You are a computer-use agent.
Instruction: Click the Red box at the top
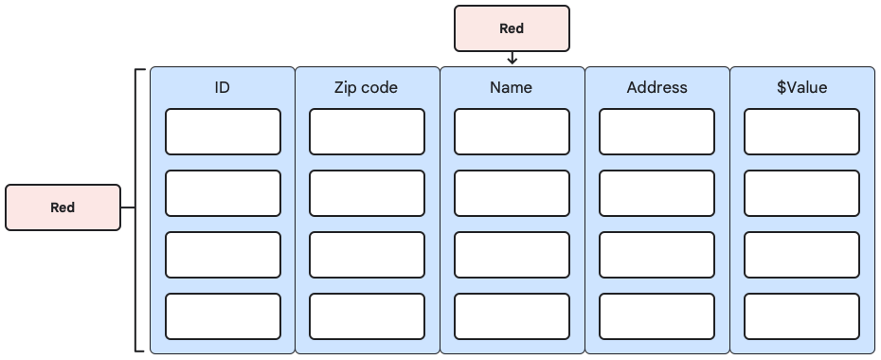tap(512, 28)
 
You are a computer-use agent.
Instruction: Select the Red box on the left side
tap(63, 207)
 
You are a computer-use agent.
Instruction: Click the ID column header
tap(223, 88)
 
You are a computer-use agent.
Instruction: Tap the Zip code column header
tap(367, 88)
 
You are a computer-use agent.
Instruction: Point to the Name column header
tap(512, 88)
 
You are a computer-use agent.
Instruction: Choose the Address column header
tap(656, 88)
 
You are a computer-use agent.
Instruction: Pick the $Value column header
tap(801, 88)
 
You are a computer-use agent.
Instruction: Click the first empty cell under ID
tap(223, 132)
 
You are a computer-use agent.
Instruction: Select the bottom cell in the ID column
tap(223, 316)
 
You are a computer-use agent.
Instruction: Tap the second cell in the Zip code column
tap(367, 193)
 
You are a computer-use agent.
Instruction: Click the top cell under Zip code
tap(367, 132)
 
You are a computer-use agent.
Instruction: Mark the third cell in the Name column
tap(512, 255)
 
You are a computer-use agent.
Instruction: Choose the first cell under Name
tap(512, 132)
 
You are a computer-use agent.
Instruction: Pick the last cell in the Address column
tap(656, 316)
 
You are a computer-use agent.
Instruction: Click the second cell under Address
tap(656, 193)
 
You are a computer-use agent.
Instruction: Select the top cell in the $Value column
tap(801, 132)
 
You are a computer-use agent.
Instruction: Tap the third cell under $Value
tap(801, 255)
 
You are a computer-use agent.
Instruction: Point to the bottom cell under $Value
tap(801, 316)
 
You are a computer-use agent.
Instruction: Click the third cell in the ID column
tap(223, 255)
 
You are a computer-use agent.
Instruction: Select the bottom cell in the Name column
tap(512, 316)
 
